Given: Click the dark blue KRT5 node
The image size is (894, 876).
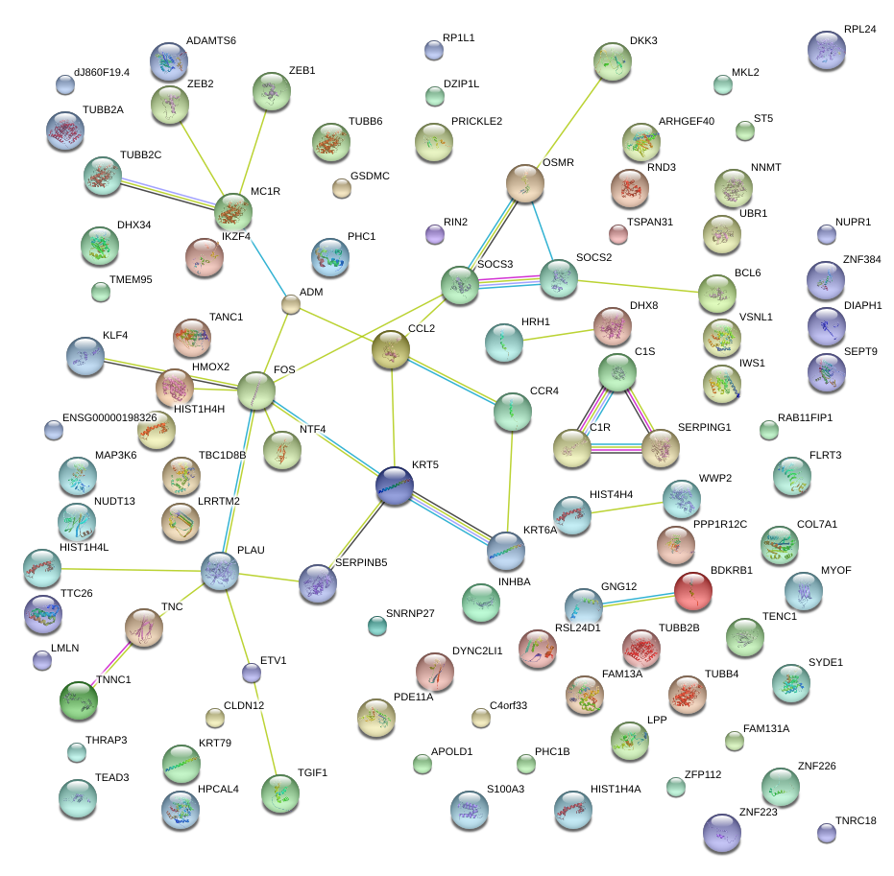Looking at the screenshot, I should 394,485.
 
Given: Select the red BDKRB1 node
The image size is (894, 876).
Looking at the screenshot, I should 693,592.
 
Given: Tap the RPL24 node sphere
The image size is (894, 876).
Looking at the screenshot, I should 828,50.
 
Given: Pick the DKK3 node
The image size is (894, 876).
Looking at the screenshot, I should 613,62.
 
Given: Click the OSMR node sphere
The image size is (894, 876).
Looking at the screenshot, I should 525,183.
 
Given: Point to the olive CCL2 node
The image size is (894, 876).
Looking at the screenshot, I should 391,350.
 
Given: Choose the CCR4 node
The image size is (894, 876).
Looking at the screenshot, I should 512,412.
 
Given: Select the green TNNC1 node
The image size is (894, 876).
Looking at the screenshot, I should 79,700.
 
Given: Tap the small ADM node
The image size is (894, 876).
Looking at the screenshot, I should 291,305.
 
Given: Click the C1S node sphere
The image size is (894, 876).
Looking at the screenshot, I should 617,372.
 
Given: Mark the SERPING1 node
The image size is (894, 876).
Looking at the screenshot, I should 661,448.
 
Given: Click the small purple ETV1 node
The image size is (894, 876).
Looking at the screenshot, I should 252,673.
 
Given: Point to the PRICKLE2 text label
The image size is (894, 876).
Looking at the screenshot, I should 476,122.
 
